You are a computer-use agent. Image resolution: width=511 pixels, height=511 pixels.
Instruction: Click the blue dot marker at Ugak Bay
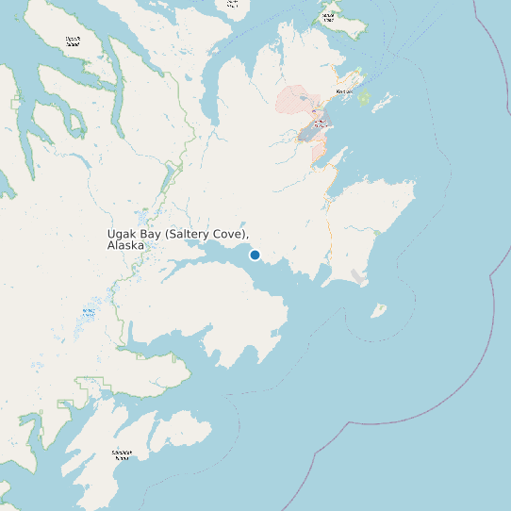[x=255, y=255]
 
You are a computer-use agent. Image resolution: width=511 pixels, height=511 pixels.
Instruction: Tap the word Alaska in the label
[x=126, y=245]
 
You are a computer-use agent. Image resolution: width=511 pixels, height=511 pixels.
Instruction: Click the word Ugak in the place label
[x=123, y=233]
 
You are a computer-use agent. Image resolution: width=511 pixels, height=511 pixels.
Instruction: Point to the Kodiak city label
[x=346, y=91]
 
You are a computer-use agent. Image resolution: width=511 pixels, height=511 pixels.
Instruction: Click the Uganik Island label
[x=73, y=41]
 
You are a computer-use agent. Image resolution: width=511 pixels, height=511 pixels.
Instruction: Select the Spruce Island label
[x=327, y=16]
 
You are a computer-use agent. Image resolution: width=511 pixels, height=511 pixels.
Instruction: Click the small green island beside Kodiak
[x=363, y=98]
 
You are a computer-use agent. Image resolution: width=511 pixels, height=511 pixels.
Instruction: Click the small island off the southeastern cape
[x=378, y=309]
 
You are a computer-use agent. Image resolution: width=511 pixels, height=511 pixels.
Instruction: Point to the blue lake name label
[x=90, y=312]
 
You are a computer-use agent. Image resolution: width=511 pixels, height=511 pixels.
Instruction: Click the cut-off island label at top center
[x=231, y=4]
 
